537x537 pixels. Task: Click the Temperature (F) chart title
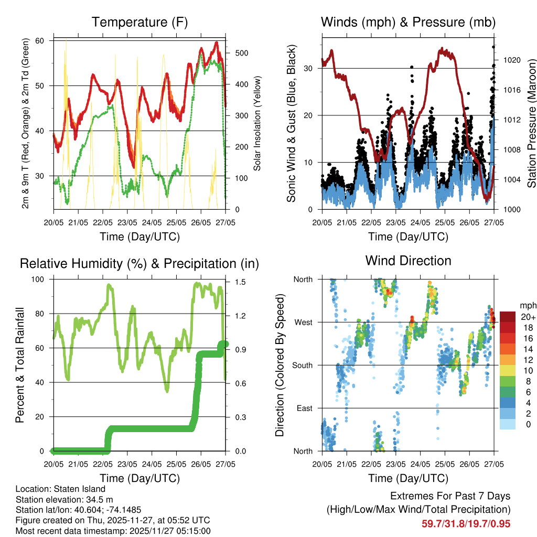[x=139, y=23]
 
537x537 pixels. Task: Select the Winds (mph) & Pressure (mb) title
[x=408, y=23]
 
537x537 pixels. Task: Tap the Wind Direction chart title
[x=408, y=261]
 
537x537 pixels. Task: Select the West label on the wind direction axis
[x=303, y=323]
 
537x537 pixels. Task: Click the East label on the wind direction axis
[x=304, y=409]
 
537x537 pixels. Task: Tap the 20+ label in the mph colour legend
[x=528, y=317]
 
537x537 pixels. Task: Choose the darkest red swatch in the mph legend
[x=508, y=317]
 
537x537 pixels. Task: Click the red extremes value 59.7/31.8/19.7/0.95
[x=466, y=523]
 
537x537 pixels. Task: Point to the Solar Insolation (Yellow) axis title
[x=257, y=123]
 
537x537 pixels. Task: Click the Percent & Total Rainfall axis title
[x=19, y=365]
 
